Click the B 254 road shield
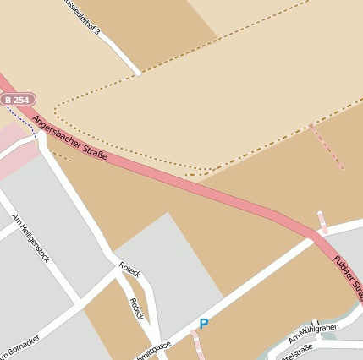click(x=18, y=100)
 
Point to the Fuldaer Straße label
click(x=348, y=275)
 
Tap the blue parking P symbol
click(x=203, y=324)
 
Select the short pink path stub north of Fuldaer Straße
click(x=322, y=222)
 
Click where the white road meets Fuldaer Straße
click(x=315, y=237)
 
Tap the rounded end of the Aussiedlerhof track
click(x=136, y=73)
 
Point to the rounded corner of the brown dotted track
click(x=58, y=109)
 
